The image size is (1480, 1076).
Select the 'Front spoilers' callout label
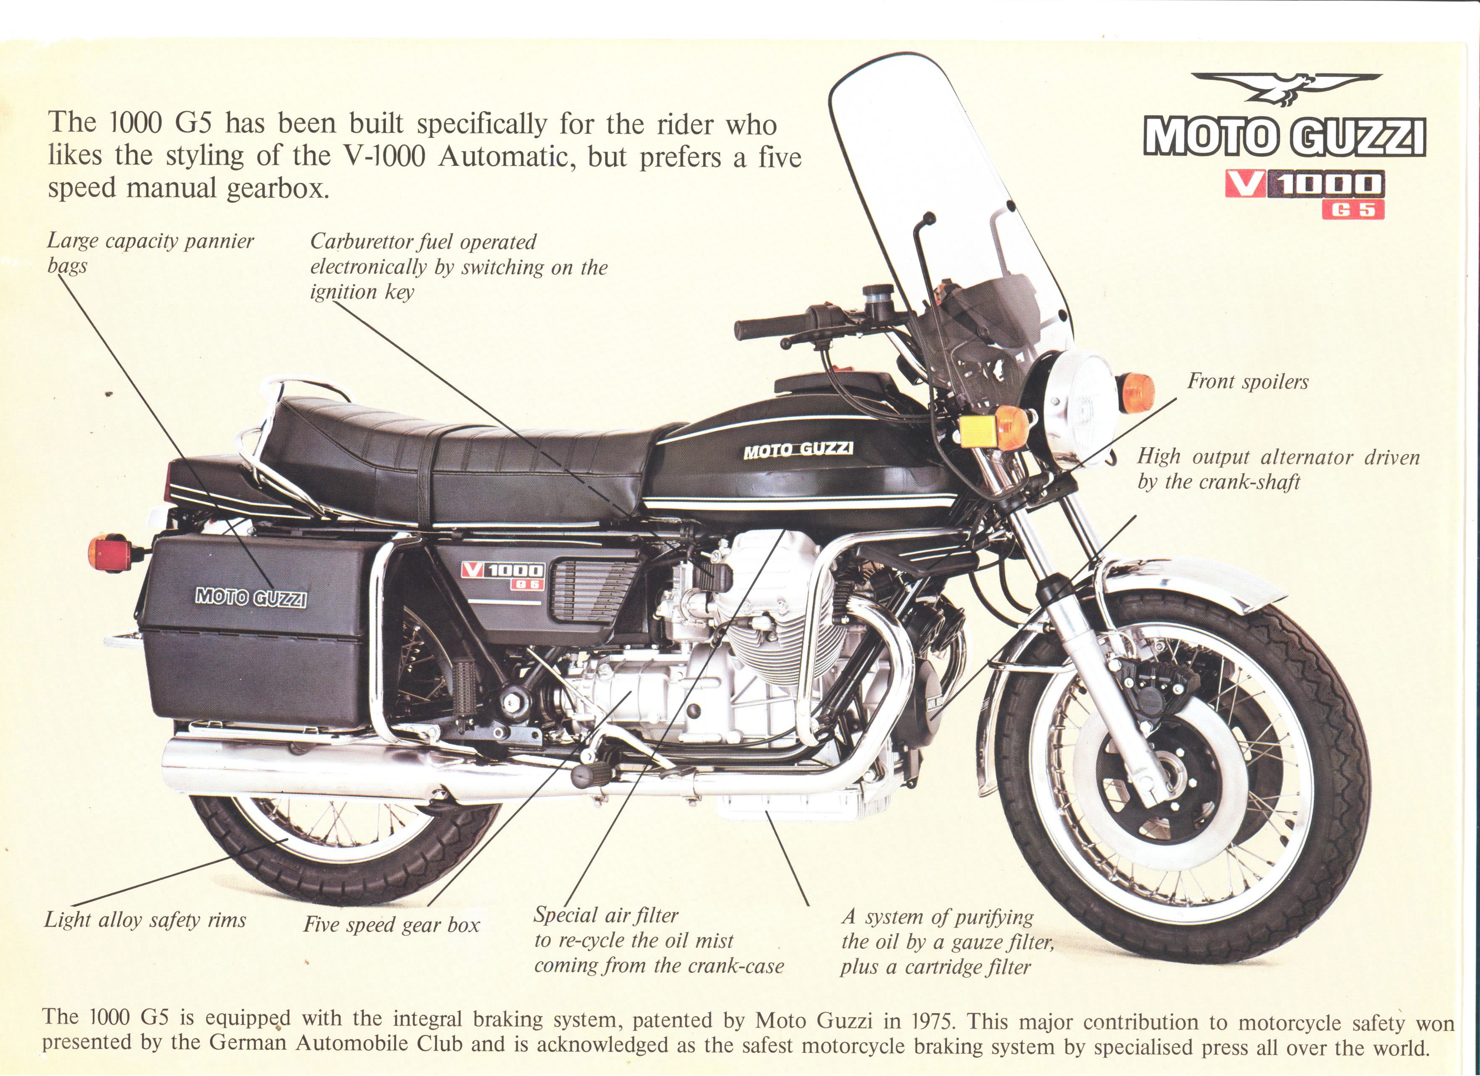click(x=1248, y=382)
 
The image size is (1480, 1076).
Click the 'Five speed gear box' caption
click(x=392, y=926)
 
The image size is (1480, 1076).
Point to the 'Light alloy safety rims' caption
click(x=145, y=921)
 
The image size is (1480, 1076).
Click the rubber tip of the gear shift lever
click(x=588, y=777)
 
